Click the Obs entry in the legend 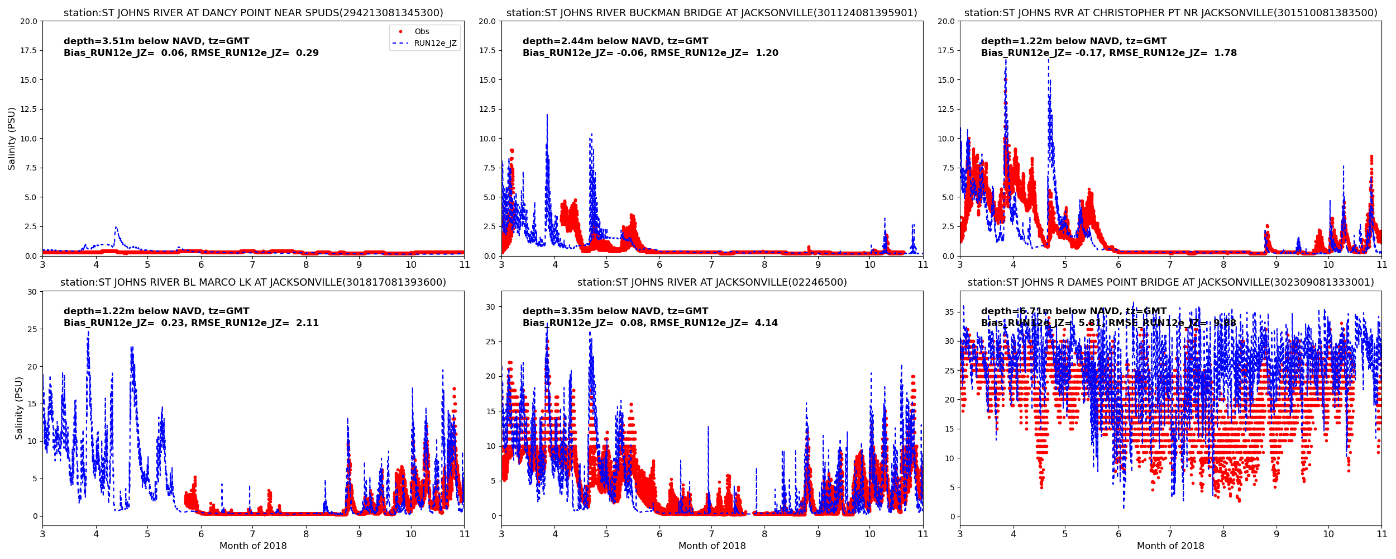tap(422, 32)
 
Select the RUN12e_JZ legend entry tap(435, 44)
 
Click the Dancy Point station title tap(253, 13)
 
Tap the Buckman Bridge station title tap(712, 13)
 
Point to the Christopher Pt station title tap(1170, 13)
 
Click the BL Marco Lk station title tap(253, 283)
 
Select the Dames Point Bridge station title tap(1170, 283)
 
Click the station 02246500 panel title tap(712, 283)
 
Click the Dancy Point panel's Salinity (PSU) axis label tap(12, 139)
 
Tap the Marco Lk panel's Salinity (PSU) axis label tap(19, 408)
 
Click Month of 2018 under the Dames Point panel tap(1170, 546)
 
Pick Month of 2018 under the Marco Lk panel tap(253, 546)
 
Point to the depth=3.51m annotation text tap(156, 41)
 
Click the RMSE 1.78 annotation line tap(1109, 53)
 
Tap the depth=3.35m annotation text tap(615, 311)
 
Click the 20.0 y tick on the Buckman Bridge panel tap(487, 21)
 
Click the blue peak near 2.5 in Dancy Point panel tap(116, 228)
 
